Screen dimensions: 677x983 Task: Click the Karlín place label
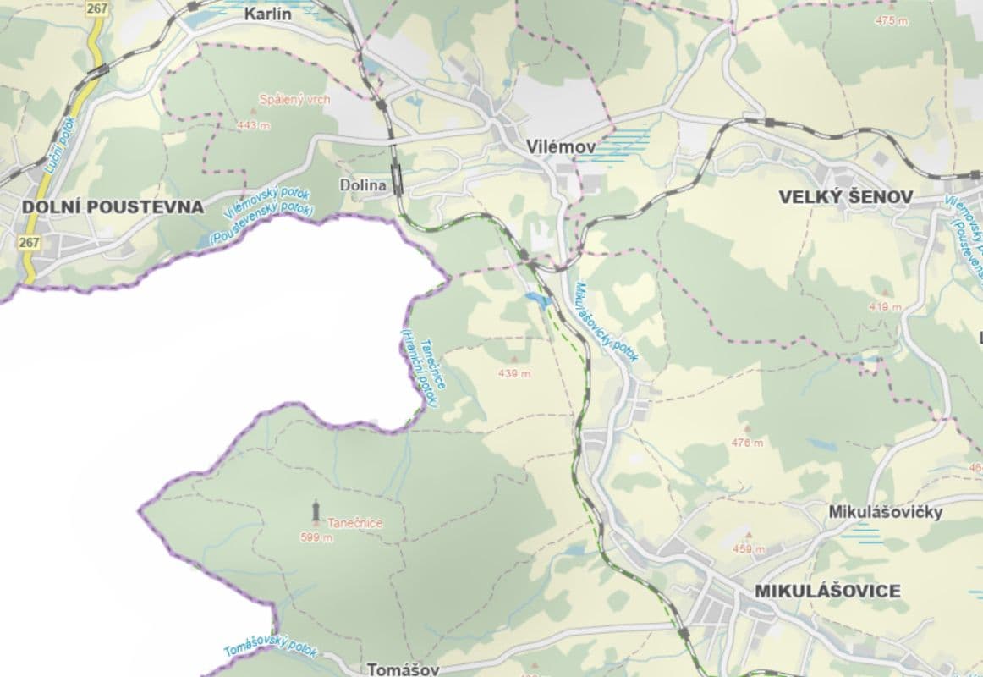pyautogui.click(x=273, y=14)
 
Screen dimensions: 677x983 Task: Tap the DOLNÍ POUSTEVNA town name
pyautogui.click(x=113, y=206)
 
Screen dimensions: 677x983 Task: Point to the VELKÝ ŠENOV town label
pyautogui.click(x=846, y=197)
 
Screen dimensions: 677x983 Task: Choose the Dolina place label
pyautogui.click(x=363, y=184)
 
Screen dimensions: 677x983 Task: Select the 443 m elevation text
pyautogui.click(x=253, y=125)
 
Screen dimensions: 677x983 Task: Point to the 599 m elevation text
pyautogui.click(x=316, y=537)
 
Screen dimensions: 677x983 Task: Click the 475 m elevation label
pyautogui.click(x=892, y=20)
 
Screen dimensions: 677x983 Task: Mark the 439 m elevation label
pyautogui.click(x=513, y=373)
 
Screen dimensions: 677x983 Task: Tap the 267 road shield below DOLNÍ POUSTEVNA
pyautogui.click(x=29, y=243)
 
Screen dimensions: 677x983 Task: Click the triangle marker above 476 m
pyautogui.click(x=747, y=429)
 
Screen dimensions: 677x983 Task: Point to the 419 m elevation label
pyautogui.click(x=885, y=307)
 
